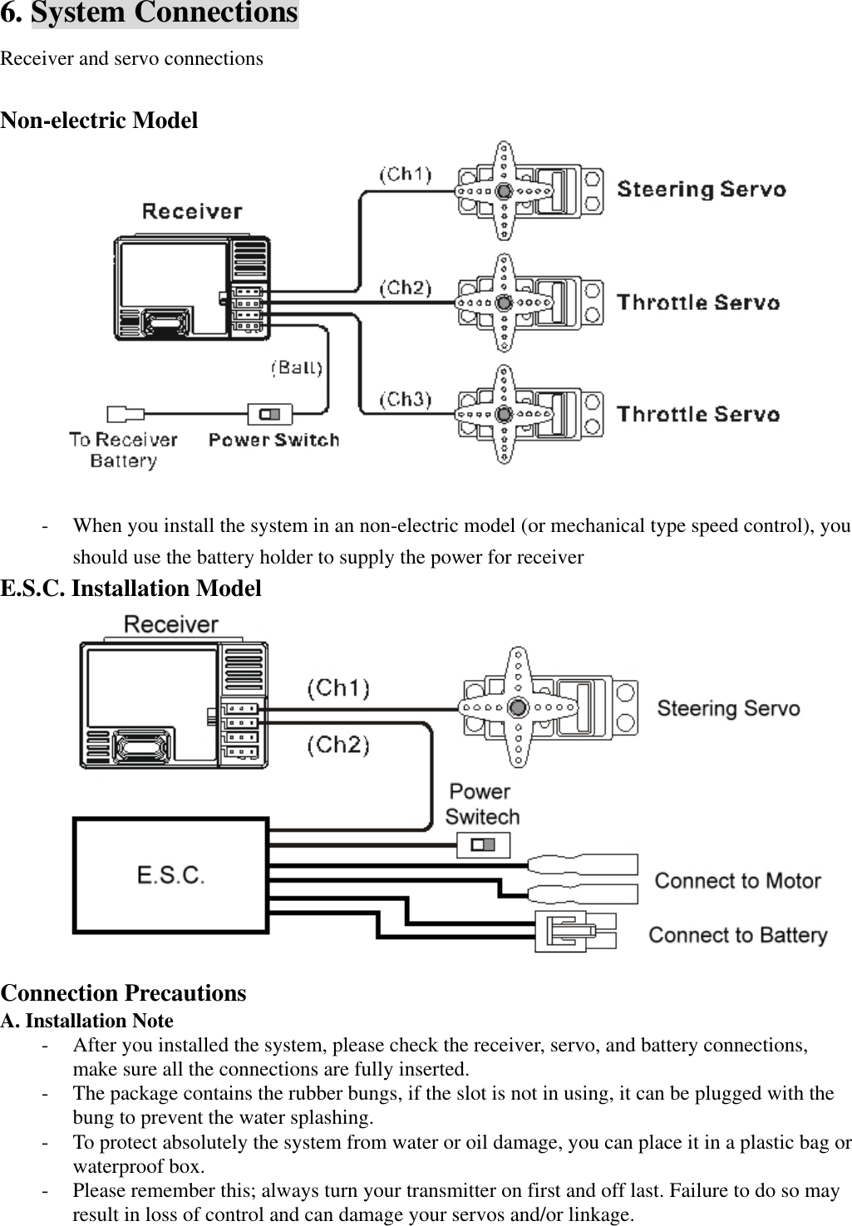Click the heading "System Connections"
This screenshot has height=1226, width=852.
coord(164,13)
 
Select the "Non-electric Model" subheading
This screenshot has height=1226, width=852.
coord(99,121)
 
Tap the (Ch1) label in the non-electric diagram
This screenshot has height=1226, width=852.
coord(406,175)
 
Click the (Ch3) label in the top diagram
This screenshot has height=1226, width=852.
coord(406,400)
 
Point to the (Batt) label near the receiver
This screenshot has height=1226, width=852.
coord(297,367)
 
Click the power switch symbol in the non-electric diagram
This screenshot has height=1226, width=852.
coord(270,413)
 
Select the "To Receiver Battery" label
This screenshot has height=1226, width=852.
coord(123,450)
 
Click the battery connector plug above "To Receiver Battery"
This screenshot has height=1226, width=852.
coord(125,413)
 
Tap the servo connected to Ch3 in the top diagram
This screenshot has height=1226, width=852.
coord(529,414)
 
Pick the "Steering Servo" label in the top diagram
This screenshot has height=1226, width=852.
coord(701,190)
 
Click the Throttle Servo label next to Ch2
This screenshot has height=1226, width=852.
coord(698,303)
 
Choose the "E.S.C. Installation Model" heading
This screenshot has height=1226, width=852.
coord(131,588)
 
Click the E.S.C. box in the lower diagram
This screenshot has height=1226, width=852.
coord(170,875)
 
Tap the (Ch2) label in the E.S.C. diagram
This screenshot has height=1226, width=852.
coord(337,745)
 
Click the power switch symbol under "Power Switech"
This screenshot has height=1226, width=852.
coord(483,845)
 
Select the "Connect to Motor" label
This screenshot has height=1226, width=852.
coord(737,881)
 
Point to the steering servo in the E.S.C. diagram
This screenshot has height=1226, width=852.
coord(549,707)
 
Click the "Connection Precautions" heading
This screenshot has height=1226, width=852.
coord(123,993)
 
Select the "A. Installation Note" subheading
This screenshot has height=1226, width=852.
coord(87,1021)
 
